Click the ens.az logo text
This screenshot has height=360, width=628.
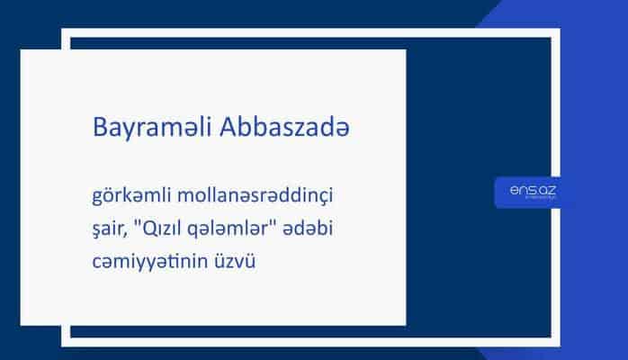pos(530,190)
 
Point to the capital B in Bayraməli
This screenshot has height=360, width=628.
pos(100,129)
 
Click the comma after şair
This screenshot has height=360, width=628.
pos(130,232)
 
